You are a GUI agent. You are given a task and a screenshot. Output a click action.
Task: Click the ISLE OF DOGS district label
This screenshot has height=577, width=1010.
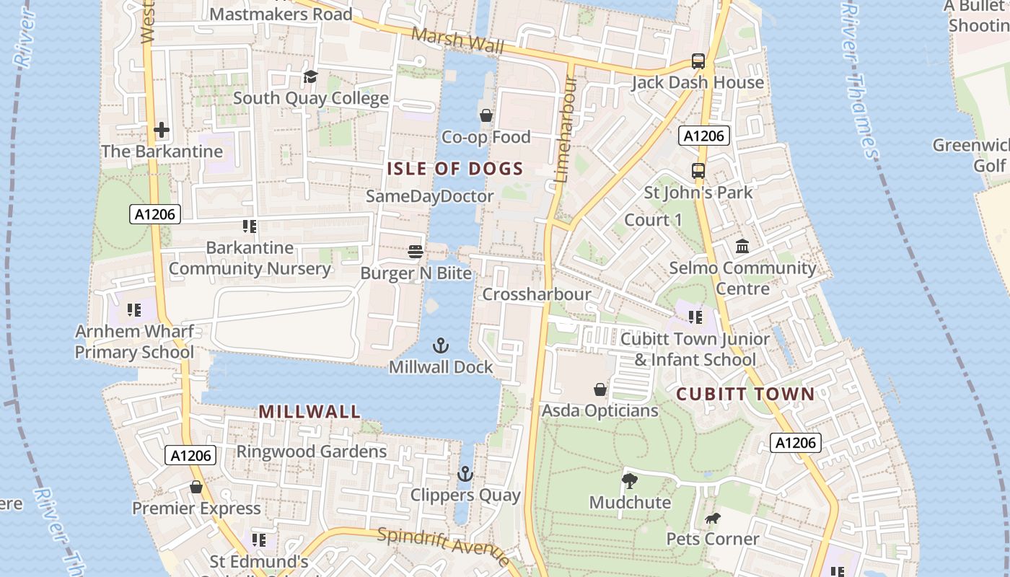pyautogui.click(x=454, y=169)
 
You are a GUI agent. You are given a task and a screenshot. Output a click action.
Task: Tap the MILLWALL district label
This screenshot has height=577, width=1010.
pyautogui.click(x=309, y=412)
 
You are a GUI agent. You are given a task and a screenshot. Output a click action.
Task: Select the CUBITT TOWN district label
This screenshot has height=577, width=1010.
pyautogui.click(x=745, y=394)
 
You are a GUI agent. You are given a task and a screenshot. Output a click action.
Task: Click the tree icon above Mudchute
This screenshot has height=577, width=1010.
pyautogui.click(x=629, y=480)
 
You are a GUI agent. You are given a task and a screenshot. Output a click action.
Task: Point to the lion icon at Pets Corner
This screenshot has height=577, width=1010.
pyautogui.click(x=713, y=518)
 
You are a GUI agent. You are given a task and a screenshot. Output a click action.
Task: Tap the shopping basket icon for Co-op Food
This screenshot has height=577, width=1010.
pyautogui.click(x=486, y=115)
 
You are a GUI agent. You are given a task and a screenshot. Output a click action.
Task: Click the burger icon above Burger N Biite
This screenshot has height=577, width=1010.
pyautogui.click(x=416, y=251)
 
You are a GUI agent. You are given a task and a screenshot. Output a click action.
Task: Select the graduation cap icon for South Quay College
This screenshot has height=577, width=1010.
pyautogui.click(x=310, y=76)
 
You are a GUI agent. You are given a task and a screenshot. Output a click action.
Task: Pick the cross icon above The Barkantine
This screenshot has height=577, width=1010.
pyautogui.click(x=162, y=130)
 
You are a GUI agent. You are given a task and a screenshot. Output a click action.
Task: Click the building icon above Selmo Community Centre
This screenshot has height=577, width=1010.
pyautogui.click(x=742, y=247)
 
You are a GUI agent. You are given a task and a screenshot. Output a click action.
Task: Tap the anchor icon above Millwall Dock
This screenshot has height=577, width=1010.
pyautogui.click(x=440, y=345)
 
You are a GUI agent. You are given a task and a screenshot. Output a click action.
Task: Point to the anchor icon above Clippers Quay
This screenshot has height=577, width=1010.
pyautogui.click(x=465, y=474)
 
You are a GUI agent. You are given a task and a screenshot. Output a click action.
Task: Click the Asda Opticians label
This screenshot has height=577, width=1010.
pyautogui.click(x=600, y=410)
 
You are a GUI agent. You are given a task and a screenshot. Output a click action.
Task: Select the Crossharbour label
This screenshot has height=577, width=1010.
pyautogui.click(x=537, y=294)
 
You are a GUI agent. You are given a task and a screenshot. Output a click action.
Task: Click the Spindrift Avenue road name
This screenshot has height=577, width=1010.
pyautogui.click(x=444, y=546)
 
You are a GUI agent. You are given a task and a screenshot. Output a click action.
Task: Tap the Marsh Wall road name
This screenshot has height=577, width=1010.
pyautogui.click(x=457, y=41)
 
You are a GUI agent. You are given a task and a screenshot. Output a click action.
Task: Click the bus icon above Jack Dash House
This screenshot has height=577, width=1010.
pyautogui.click(x=698, y=61)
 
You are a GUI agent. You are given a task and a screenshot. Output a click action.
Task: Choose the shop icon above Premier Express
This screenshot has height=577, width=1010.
pyautogui.click(x=196, y=488)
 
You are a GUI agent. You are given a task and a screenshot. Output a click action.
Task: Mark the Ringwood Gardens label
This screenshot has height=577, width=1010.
pyautogui.click(x=312, y=452)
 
